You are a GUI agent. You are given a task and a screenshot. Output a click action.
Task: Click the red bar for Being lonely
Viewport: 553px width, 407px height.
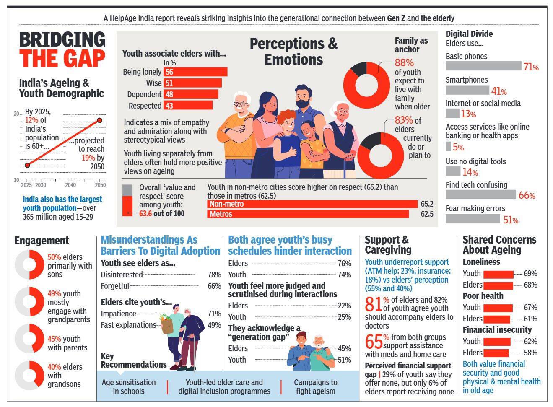(195, 72)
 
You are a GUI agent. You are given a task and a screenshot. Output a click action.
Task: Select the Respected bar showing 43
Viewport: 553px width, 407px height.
(188, 106)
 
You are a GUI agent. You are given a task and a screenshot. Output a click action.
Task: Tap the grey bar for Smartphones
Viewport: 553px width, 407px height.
(467, 90)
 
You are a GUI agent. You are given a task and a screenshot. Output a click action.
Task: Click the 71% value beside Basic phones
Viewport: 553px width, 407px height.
(531, 67)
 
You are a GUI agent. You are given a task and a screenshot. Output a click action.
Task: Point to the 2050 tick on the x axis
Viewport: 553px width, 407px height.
(100, 185)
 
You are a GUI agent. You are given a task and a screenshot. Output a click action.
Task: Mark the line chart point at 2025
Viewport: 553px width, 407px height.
(27, 165)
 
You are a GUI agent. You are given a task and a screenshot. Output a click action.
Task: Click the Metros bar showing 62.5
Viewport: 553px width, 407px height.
(308, 214)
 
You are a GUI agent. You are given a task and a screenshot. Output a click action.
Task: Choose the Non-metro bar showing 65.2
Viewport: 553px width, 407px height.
(312, 204)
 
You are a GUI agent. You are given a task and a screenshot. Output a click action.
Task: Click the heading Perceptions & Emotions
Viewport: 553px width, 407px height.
(293, 51)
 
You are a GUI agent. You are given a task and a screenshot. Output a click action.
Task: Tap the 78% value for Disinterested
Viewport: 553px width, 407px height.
(214, 275)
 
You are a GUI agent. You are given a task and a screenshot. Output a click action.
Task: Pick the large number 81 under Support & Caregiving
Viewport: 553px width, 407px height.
(373, 304)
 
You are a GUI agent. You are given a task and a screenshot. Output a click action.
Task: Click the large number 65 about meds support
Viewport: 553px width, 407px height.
(373, 341)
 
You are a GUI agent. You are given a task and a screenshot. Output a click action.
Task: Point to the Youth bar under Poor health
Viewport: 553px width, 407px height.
(498, 308)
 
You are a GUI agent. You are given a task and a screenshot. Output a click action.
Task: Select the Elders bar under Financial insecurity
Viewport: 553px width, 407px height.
(496, 353)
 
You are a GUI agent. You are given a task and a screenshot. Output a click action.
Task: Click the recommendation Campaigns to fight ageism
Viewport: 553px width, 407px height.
(315, 387)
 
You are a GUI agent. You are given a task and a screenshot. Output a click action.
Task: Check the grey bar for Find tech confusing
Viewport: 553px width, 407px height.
(480, 195)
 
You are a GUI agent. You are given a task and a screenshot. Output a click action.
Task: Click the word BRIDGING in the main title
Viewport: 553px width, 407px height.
(62, 40)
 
